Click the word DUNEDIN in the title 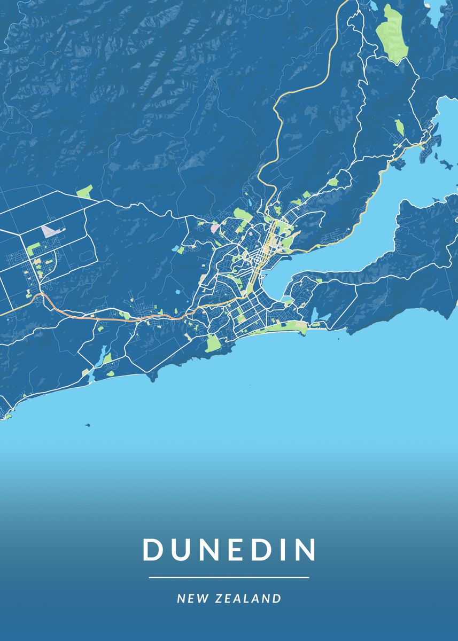229,550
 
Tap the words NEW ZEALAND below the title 229,598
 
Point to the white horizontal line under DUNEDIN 229,577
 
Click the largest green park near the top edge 392,33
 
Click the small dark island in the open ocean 87,425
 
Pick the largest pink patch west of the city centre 214,228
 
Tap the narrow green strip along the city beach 286,326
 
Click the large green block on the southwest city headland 213,343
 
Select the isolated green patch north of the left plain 84,191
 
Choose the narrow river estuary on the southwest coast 99,358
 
